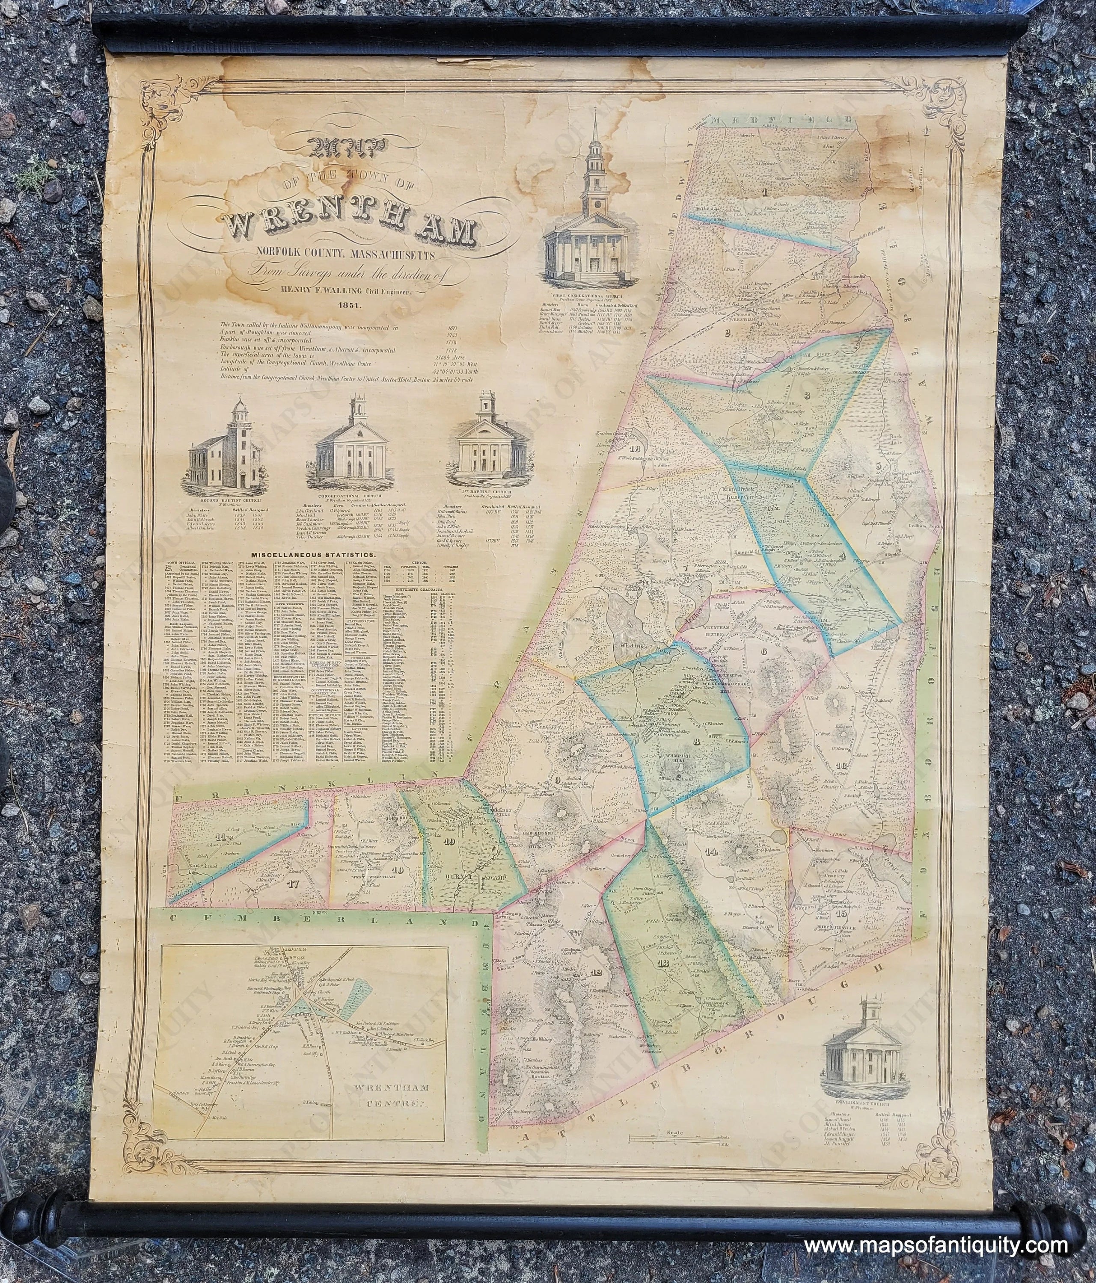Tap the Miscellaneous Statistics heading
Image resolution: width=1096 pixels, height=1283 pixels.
[310, 556]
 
